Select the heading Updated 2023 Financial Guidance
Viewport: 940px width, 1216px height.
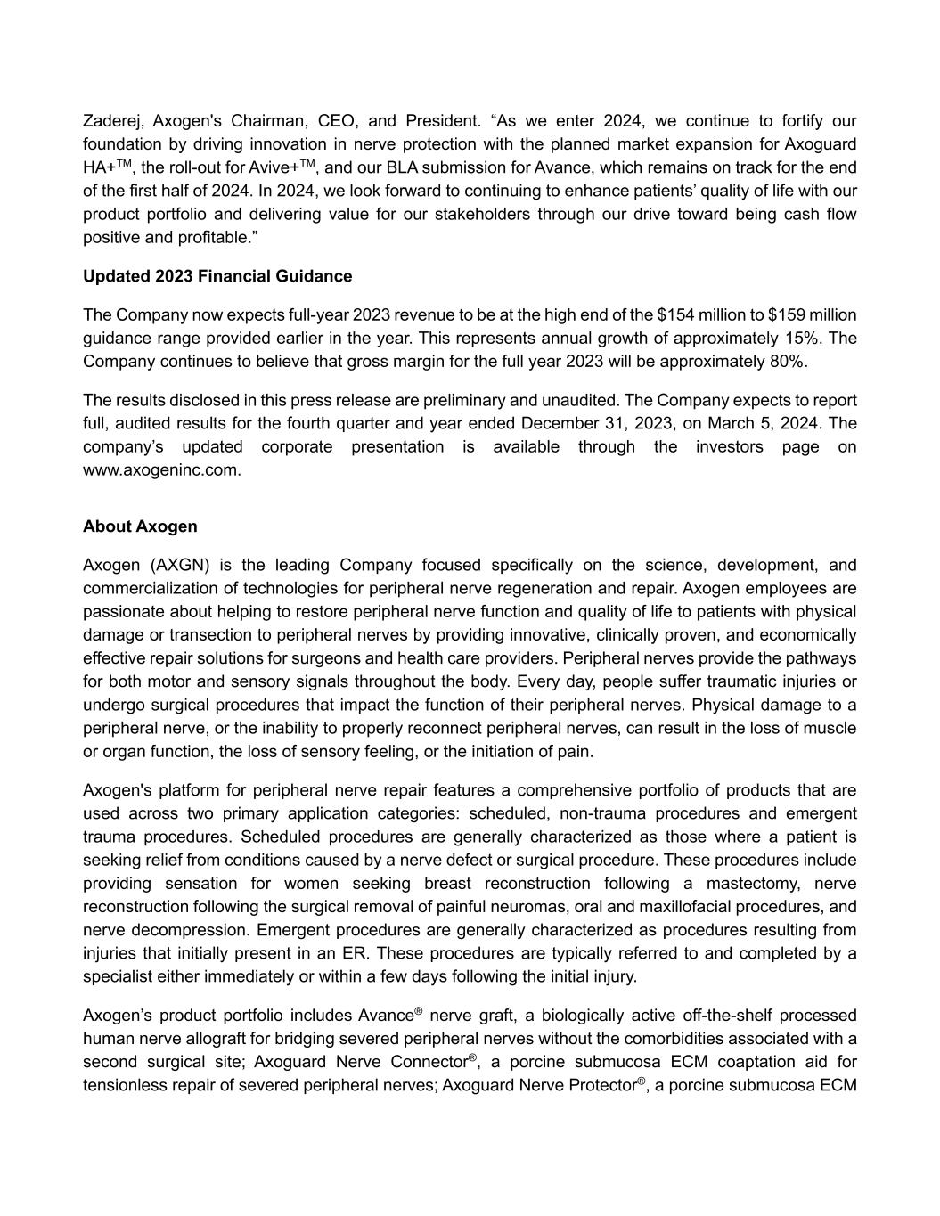[217, 276]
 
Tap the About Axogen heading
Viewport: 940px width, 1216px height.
[140, 526]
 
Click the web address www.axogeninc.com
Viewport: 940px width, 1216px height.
[161, 470]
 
